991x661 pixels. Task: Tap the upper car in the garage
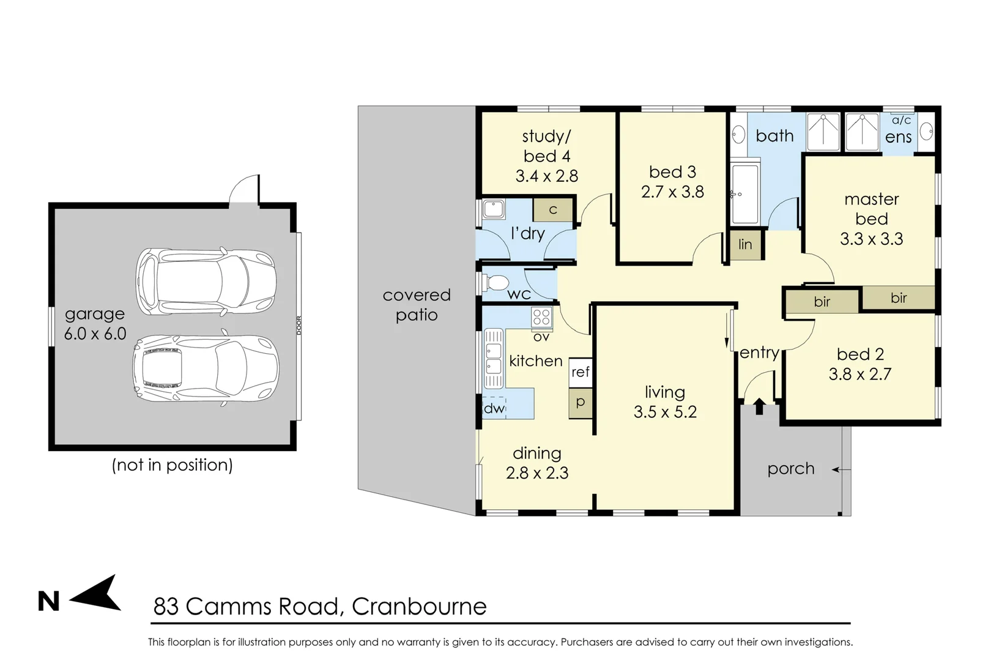206,282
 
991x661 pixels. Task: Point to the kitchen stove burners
541,316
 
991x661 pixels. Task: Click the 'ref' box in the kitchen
581,372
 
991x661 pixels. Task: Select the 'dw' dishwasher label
494,408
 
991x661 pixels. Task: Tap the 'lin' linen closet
745,245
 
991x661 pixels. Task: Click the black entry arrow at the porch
759,406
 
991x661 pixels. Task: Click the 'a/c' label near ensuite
901,121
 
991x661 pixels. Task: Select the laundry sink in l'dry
493,209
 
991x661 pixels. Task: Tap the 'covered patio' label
417,305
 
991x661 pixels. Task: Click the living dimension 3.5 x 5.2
665,412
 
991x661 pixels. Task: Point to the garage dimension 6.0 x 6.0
95,334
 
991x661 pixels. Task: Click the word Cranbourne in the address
419,607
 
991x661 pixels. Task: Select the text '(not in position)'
173,465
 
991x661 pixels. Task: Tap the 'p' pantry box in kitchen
581,403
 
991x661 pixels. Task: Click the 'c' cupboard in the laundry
553,210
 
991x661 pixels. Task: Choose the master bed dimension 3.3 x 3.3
871,239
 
